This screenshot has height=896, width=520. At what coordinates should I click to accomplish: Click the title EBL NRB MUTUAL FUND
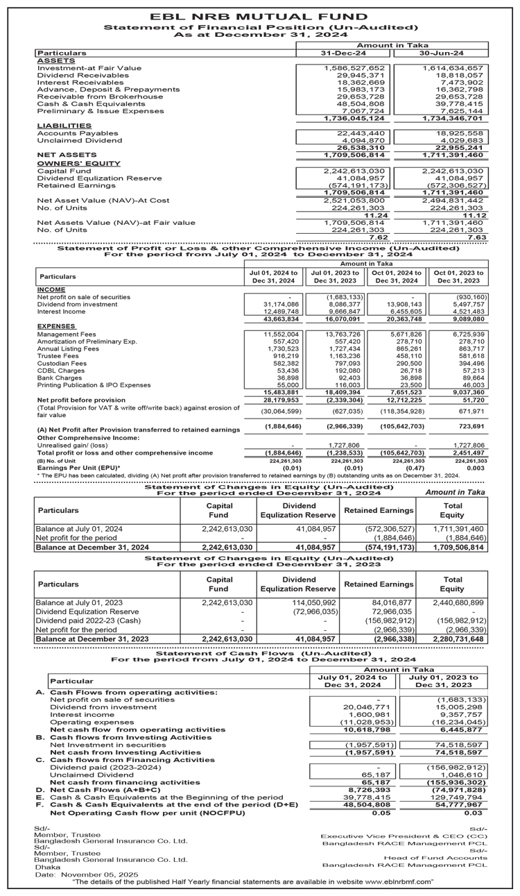pos(259,16)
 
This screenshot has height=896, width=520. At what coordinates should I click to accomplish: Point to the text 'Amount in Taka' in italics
pos(455,491)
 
